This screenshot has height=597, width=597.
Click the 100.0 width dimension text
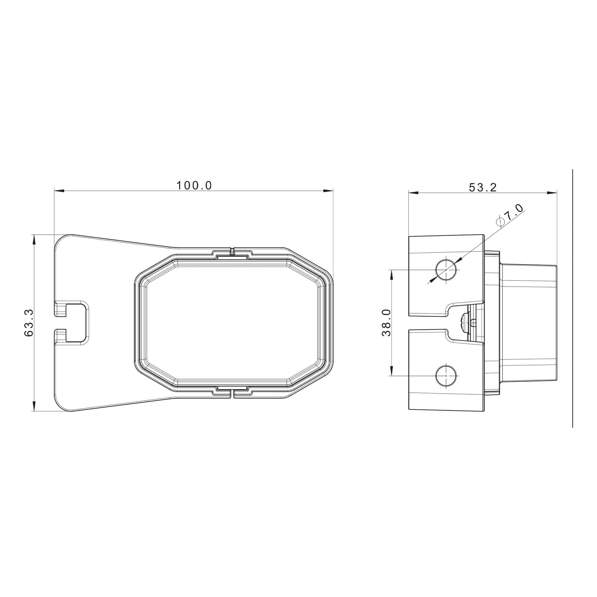coord(194,186)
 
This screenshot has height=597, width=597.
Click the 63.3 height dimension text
coord(29,323)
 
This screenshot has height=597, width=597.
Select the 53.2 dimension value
coord(483,187)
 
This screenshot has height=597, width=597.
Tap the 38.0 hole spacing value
coord(386,323)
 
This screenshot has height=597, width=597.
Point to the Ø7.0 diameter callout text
coord(511,215)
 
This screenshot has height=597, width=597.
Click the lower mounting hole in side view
coord(446,376)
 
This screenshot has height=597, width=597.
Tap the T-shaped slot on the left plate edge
coord(73,323)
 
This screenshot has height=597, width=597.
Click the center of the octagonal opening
coord(233,323)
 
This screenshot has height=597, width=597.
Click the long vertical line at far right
coord(572,298)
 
